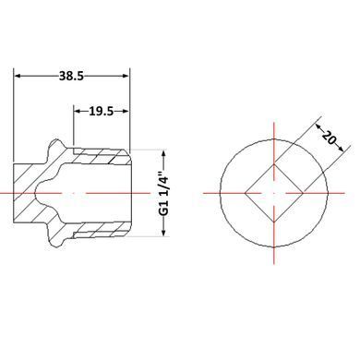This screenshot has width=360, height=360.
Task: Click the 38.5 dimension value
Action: pyautogui.click(x=71, y=76)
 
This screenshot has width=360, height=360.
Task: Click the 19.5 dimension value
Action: pyautogui.click(x=102, y=111)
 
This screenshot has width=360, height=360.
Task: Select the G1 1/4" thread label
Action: pyautogui.click(x=166, y=193)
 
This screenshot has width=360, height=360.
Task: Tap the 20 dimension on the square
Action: pyautogui.click(x=329, y=138)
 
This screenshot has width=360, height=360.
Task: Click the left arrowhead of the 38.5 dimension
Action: pyautogui.click(x=18, y=76)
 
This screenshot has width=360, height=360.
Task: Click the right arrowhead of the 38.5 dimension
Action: pyautogui.click(x=126, y=76)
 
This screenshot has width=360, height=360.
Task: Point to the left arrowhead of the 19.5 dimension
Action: pyautogui.click(x=78, y=111)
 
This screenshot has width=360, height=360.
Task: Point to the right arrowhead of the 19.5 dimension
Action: pyautogui.click(x=124, y=111)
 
